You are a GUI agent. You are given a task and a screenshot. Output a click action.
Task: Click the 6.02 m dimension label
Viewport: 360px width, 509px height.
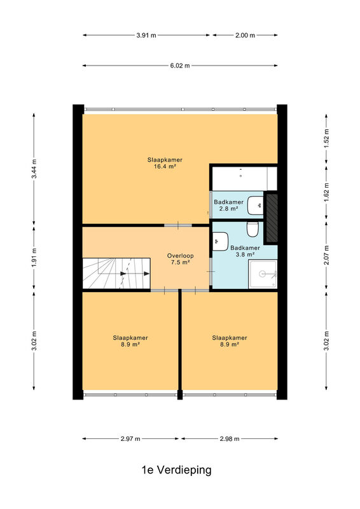click(x=180, y=66)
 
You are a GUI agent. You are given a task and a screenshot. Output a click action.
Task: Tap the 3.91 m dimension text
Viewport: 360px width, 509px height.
click(x=146, y=36)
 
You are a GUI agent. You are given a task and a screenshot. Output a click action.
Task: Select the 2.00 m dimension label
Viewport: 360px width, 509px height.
click(x=245, y=36)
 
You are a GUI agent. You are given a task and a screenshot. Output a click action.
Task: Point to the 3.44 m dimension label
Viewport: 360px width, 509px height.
click(x=34, y=169)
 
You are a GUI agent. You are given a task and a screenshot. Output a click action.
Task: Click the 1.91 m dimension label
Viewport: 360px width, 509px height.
click(x=34, y=258)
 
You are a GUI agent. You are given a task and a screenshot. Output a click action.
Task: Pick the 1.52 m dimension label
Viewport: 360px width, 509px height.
click(x=326, y=139)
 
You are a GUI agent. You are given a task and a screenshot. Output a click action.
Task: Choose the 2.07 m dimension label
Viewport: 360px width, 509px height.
click(x=326, y=255)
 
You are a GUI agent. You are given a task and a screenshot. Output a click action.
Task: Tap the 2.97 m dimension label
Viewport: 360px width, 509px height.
click(x=130, y=439)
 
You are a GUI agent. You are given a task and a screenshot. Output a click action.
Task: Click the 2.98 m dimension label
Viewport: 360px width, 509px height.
click(x=230, y=439)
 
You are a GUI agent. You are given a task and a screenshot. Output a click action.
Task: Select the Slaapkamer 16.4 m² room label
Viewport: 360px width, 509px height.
click(x=165, y=164)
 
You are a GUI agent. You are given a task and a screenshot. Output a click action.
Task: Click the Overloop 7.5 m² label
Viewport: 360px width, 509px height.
click(x=180, y=259)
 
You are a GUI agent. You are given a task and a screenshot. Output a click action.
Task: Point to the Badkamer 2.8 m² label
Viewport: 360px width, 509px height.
click(x=228, y=206)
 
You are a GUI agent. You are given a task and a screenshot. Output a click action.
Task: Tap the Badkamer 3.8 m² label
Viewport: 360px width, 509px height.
click(x=245, y=251)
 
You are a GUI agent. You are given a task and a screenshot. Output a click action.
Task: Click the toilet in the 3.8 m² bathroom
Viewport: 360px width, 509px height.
click(x=253, y=229)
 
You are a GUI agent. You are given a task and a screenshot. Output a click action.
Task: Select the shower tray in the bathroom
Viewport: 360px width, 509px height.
click(x=263, y=274)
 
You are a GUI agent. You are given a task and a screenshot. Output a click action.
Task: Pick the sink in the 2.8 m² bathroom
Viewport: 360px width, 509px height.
click(x=256, y=206)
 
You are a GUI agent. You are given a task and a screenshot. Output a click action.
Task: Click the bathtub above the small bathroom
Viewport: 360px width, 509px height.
click(x=244, y=179)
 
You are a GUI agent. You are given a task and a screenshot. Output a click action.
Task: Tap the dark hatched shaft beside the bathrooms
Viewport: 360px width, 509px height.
click(x=272, y=218)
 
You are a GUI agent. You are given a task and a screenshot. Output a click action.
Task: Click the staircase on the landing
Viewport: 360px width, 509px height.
click(x=116, y=274)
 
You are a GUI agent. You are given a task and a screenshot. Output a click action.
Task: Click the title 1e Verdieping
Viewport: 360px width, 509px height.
click(x=177, y=470)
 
